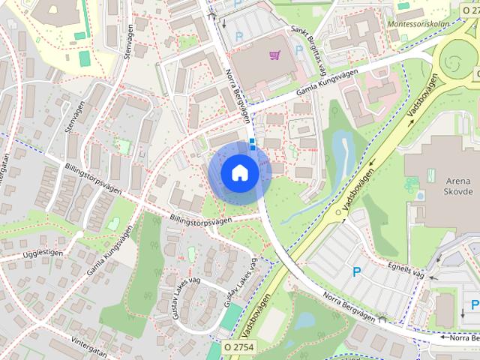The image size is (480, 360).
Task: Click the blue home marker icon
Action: point(239,173)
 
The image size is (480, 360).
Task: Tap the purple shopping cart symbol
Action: point(274,55)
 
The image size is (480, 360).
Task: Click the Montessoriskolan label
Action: point(417,24)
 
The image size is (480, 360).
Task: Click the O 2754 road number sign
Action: point(239,346)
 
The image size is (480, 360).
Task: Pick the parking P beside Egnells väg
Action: point(357,271)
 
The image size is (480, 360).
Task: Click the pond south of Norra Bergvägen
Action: point(304,320)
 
